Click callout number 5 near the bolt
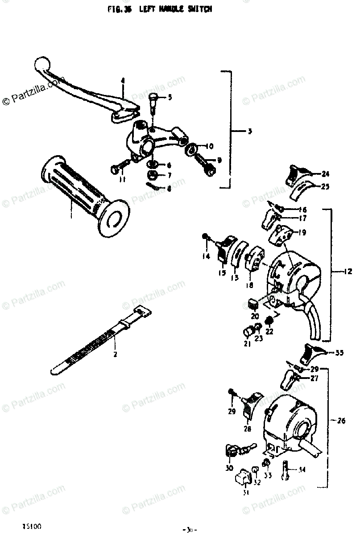pos(170,97)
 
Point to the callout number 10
pos(210,146)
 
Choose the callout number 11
pos(122,180)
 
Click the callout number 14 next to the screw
pos(206,256)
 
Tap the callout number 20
pos(255,316)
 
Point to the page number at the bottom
pos(190,529)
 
